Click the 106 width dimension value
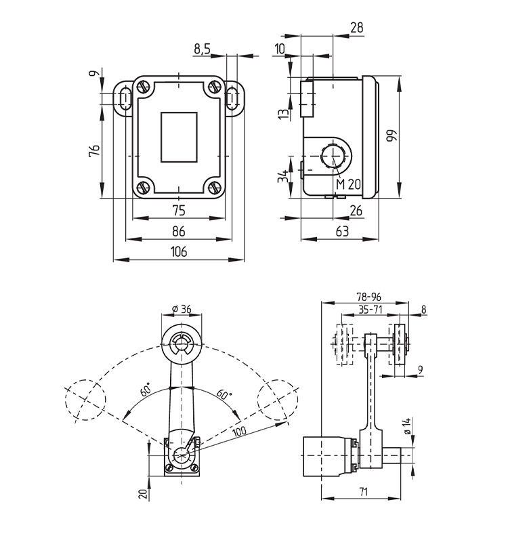pyautogui.click(x=178, y=252)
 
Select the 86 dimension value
pyautogui.click(x=178, y=232)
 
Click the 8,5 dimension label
pyautogui.click(x=203, y=48)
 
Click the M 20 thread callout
pyautogui.click(x=349, y=184)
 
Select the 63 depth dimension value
pyautogui.click(x=342, y=232)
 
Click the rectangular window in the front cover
pyautogui.click(x=178, y=138)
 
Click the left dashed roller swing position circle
pyautogui.click(x=85, y=399)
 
